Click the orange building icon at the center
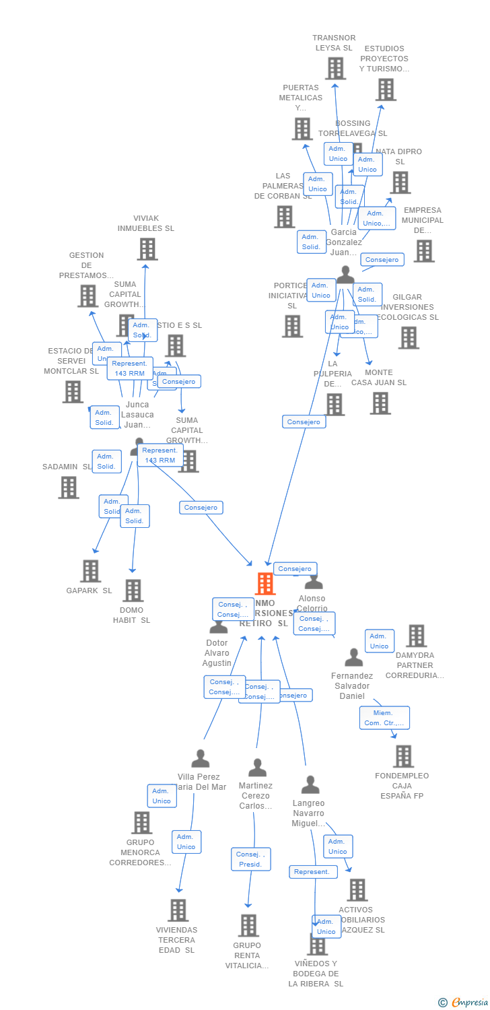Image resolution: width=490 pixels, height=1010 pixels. pos(265,584)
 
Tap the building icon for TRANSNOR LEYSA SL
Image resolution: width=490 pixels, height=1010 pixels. pos(335,68)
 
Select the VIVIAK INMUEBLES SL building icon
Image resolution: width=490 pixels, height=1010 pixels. pos(147,249)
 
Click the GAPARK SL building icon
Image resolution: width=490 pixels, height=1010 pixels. pos(90,571)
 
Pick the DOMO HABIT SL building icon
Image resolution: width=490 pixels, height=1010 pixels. pos(133,591)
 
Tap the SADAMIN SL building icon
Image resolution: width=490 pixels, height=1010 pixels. pos(69,487)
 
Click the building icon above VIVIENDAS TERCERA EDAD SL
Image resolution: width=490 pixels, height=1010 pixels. pos(178,910)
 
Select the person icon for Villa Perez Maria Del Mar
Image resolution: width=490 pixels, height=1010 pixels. pos(200,759)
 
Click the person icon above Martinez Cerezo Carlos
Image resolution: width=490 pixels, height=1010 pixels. pos(257,768)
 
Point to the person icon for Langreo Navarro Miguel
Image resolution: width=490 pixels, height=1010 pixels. pos(310,785)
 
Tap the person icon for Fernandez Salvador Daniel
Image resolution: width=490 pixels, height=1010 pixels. pos(353,658)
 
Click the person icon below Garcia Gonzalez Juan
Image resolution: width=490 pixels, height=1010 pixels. pos(345,275)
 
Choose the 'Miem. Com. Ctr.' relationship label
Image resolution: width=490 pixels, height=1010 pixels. pos(384,718)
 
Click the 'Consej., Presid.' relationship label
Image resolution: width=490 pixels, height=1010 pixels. pos(250,859)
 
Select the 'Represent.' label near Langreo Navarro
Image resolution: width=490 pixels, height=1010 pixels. pos(312,871)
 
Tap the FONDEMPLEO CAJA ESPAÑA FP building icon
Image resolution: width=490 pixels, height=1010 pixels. pos(403,756)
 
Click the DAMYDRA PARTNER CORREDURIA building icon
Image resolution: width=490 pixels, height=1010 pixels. pos(416,636)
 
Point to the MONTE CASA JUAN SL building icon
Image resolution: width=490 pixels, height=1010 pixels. pos(380,403)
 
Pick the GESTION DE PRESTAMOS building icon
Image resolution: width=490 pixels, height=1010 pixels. pos(87,296)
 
